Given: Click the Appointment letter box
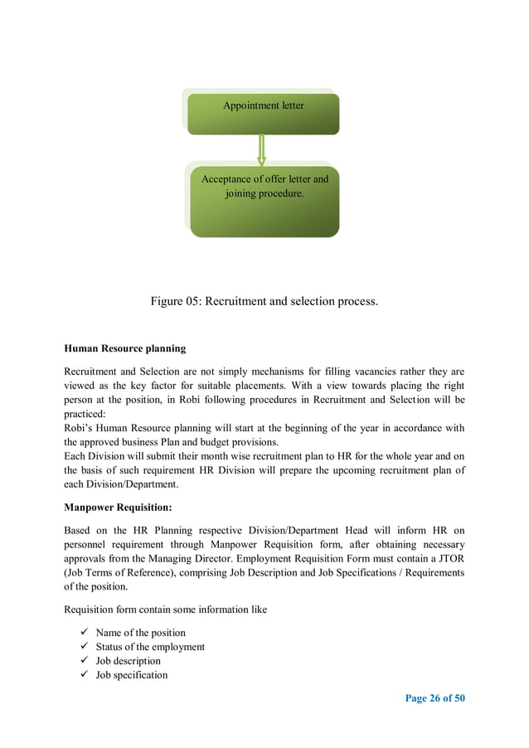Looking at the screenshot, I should [x=264, y=114].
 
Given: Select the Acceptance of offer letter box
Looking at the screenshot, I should [x=264, y=202].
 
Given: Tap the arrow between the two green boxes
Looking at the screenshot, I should [x=262, y=149].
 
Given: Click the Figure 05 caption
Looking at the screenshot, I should [x=264, y=301].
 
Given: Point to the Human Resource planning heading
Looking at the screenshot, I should [x=124, y=348].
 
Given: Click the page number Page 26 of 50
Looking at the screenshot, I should [x=434, y=698].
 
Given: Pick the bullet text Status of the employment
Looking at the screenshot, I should [x=150, y=647].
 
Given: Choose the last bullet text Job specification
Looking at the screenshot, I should [x=131, y=675].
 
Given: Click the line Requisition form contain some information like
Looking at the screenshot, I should [x=165, y=610].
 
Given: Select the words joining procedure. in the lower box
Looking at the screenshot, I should [x=264, y=194].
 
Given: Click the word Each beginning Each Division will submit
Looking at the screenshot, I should [x=75, y=456].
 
